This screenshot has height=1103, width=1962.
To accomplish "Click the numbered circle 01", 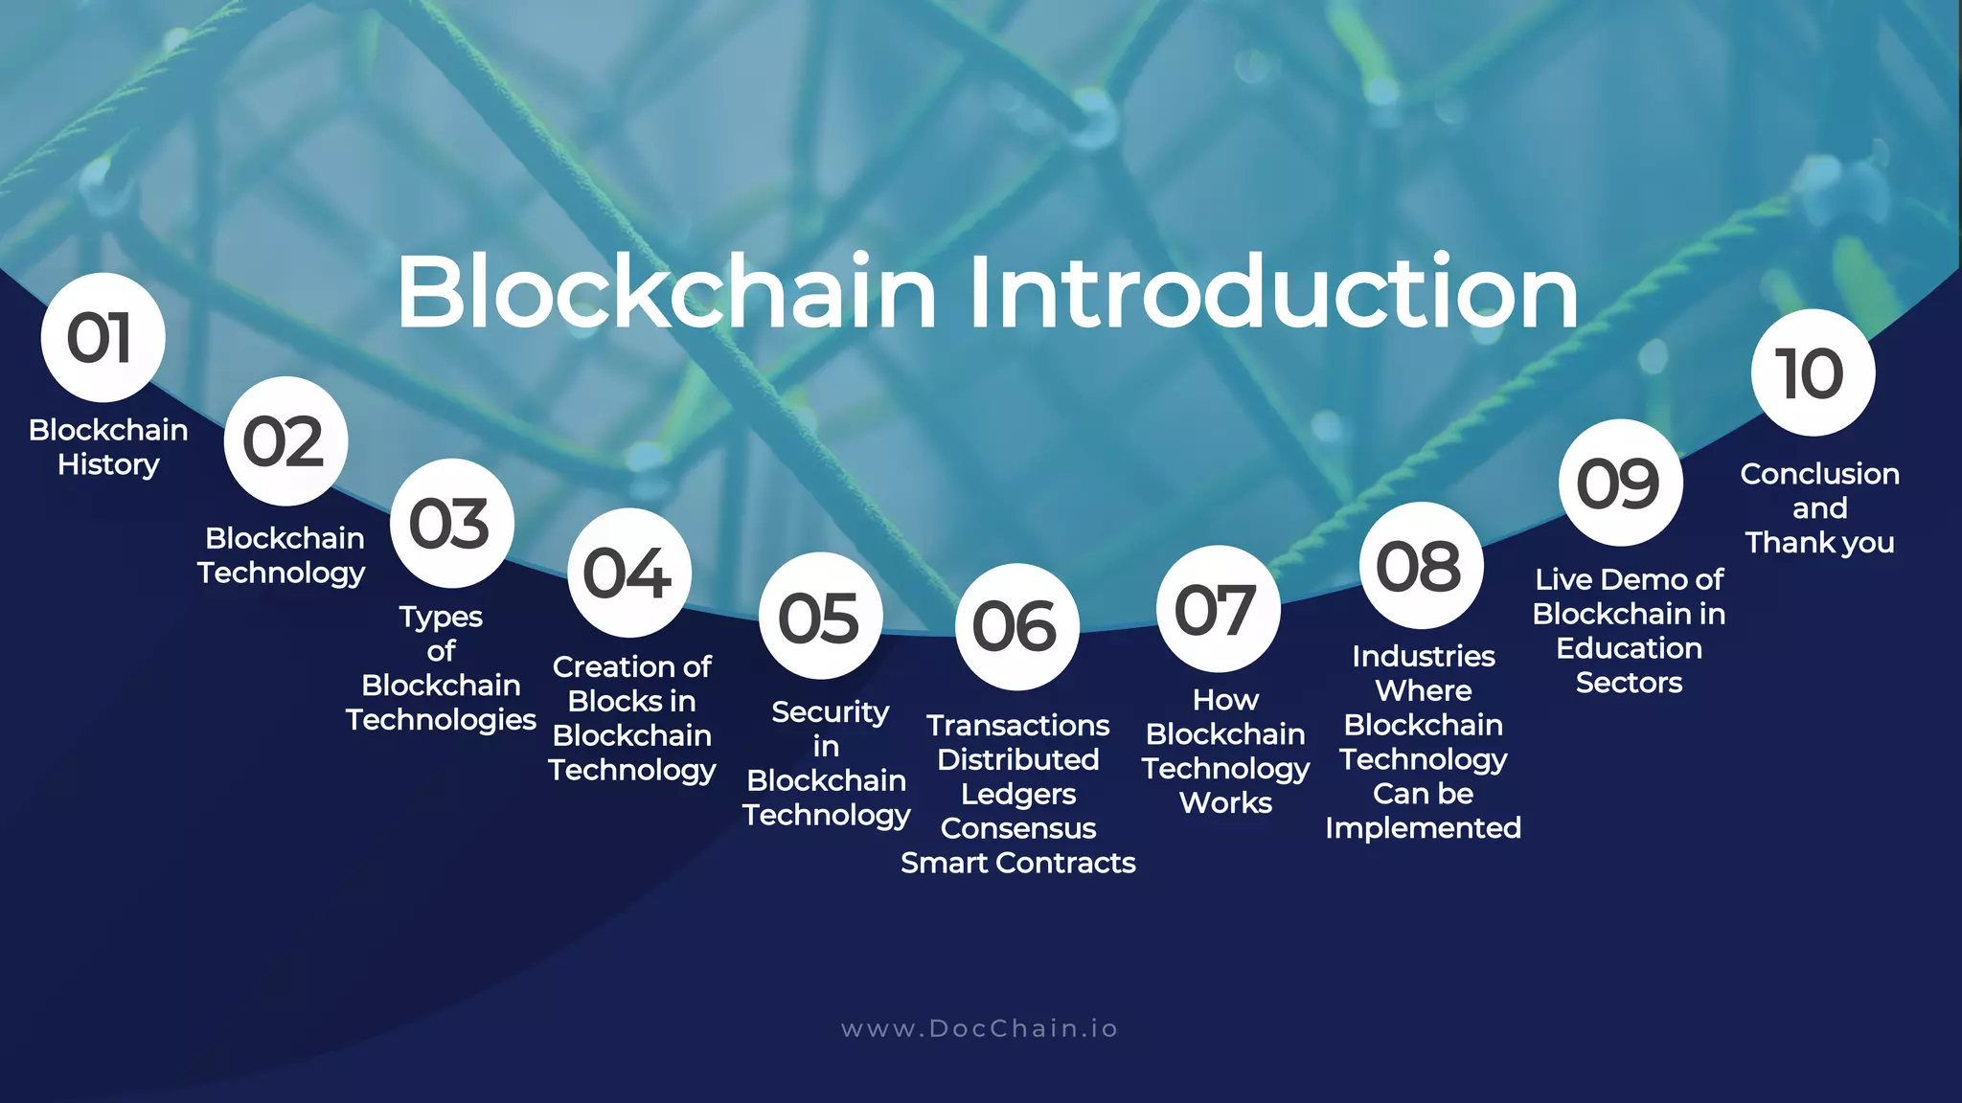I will [x=103, y=337].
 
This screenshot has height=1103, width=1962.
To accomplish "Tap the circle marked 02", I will [x=285, y=441].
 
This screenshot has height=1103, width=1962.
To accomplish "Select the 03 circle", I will [x=451, y=524].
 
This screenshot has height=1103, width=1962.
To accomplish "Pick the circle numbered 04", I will [x=629, y=573].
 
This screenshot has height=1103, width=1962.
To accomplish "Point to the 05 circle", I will [x=820, y=617].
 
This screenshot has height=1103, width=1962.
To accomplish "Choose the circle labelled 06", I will [x=1016, y=627].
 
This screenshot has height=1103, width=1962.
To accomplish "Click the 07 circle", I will [x=1218, y=609].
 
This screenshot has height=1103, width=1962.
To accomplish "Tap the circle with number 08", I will [x=1421, y=566].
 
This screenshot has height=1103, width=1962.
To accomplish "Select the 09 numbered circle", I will [x=1620, y=483].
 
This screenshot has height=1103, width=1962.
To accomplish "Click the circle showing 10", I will [x=1812, y=372].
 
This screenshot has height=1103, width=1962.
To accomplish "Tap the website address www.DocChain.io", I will [x=979, y=1028].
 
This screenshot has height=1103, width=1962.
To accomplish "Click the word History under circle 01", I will [x=108, y=464].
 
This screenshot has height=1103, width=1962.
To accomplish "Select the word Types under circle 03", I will [x=441, y=618].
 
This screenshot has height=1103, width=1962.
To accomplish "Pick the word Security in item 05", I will [x=830, y=712].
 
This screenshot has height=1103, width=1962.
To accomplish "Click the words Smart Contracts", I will [x=1017, y=863].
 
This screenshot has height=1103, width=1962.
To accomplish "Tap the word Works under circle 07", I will [x=1225, y=802].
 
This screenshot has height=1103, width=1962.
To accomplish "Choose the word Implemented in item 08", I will [x=1423, y=827].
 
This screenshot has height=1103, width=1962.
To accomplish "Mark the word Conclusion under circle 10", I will [x=1819, y=474].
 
